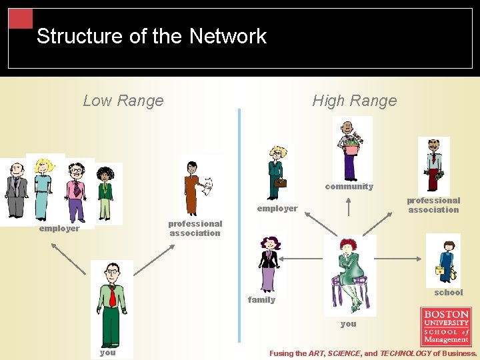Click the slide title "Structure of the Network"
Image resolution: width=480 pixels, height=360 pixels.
point(151,36)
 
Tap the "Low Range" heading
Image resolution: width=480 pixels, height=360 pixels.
point(123,101)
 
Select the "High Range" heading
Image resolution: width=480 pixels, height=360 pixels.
point(354,101)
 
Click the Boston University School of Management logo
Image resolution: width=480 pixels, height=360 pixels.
point(446,326)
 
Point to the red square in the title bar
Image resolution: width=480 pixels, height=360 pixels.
point(21,18)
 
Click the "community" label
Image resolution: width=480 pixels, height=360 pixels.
point(349,187)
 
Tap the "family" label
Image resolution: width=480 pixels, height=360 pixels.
point(261,300)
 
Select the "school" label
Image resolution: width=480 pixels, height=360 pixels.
point(448,293)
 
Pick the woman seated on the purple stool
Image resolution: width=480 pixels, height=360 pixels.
point(349,273)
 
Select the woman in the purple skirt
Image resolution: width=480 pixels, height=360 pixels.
point(268,265)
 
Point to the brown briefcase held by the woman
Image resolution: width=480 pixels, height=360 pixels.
point(281,182)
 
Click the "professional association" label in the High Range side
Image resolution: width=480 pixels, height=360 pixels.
point(433,205)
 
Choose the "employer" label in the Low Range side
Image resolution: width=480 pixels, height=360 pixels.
point(59,229)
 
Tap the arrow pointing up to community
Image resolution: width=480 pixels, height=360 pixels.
point(349,207)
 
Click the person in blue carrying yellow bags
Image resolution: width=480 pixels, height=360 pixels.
point(444,261)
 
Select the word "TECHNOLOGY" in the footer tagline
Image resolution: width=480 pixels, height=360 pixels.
point(405,353)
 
